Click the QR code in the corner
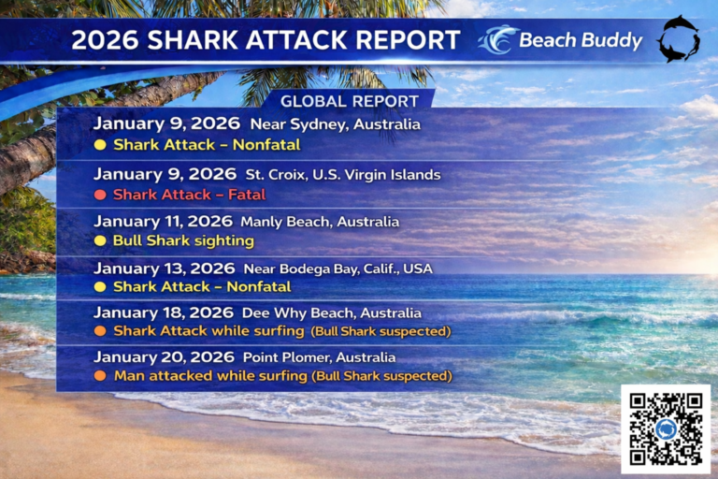click(x=665, y=428)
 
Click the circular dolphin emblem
click(x=677, y=40)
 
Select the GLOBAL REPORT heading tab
click(x=351, y=101)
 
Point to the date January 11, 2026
click(x=163, y=222)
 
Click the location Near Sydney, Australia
click(x=334, y=124)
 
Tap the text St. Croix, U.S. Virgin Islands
click(x=343, y=174)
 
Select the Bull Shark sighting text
click(x=183, y=241)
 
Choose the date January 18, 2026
click(x=163, y=312)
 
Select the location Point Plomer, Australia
click(x=319, y=357)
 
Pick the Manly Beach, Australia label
click(x=319, y=223)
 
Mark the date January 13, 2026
click(x=163, y=268)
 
